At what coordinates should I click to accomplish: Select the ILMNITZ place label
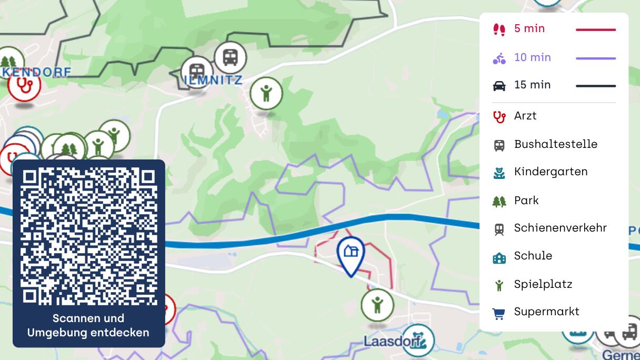[x=214, y=81]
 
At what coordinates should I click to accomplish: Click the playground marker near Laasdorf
[x=377, y=304]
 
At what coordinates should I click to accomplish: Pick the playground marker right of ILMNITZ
[x=266, y=94]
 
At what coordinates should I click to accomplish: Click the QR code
[x=89, y=236]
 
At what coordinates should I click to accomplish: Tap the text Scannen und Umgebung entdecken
[x=88, y=325]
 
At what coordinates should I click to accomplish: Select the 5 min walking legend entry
[x=529, y=29]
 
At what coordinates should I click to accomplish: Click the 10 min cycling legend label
[x=532, y=57]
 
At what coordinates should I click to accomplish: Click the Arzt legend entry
[x=525, y=116]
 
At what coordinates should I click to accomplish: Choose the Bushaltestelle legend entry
[x=555, y=144]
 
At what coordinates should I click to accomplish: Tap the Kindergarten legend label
[x=551, y=172]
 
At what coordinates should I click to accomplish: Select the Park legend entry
[x=526, y=201]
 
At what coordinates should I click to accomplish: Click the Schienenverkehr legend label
[x=560, y=228]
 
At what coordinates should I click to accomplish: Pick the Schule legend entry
[x=533, y=256]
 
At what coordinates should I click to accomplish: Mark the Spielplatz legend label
[x=543, y=284]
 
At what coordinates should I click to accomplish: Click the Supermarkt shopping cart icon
[x=498, y=313]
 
